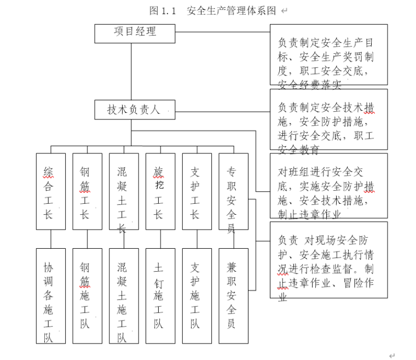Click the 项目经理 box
coord(135,33)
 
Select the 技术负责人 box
coord(135,110)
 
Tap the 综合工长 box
coord(50,191)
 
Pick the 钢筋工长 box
coord(87,191)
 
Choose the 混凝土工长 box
coord(124,191)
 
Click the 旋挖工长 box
coord(160,191)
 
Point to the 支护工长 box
coord(197,191)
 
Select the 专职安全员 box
coord(233,191)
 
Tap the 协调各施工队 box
coord(50,296)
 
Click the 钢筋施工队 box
coord(87,296)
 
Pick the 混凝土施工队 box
coord(124,296)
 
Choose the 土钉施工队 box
coord(160,296)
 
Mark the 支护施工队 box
coord(197,296)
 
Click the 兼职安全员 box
coord(233,296)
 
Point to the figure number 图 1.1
coord(162,10)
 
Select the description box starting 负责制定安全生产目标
coord(328,54)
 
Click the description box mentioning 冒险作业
coord(328,259)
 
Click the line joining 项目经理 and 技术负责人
coord(131,71)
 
